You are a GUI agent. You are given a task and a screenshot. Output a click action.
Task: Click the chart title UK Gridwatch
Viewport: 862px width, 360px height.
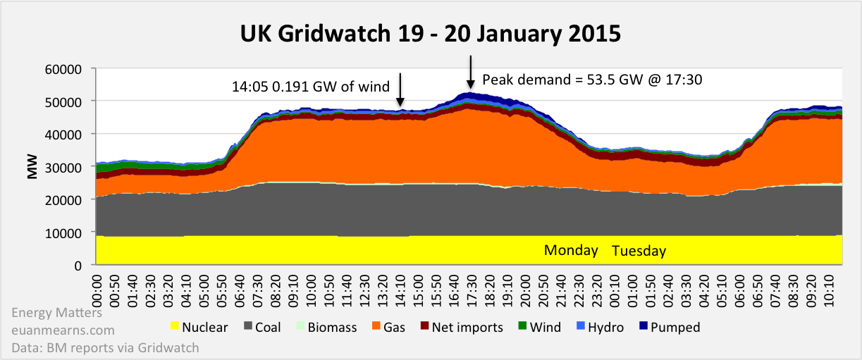click(431, 33)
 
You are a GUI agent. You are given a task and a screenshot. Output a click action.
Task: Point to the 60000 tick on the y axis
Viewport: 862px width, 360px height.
click(68, 69)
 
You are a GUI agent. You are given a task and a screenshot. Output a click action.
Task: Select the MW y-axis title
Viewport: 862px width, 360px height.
click(32, 167)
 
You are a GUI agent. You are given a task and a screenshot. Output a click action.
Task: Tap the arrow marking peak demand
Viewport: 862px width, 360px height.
click(471, 73)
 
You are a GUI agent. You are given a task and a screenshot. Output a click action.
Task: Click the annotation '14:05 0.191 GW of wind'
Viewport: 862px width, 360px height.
click(311, 87)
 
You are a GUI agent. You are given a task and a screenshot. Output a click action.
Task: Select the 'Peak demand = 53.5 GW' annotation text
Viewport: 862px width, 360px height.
click(592, 80)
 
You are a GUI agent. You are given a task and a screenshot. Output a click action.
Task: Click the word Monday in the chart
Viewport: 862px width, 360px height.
click(571, 251)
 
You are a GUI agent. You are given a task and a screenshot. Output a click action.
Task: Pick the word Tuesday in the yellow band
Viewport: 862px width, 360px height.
click(639, 252)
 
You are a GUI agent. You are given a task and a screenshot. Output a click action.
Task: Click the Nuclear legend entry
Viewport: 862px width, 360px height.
click(199, 327)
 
